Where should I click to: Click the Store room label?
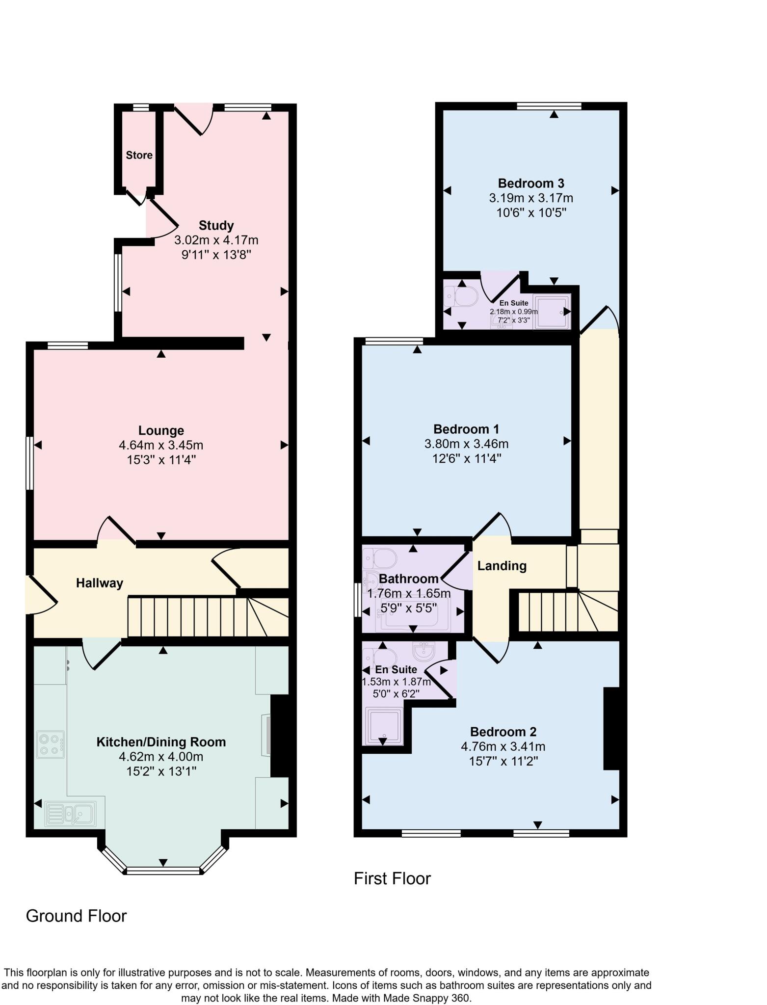coord(139,155)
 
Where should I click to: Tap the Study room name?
coord(216,225)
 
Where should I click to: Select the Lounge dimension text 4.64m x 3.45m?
coord(161,445)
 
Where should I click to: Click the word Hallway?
coord(99,583)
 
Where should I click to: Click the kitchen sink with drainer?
coord(71,815)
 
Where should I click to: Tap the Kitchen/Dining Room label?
coord(161,741)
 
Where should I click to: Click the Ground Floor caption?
coord(76,916)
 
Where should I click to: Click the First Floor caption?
coord(392,878)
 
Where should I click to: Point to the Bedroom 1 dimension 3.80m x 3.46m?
coord(466,444)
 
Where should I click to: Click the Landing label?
coord(502,566)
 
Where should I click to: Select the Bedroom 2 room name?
coord(503,732)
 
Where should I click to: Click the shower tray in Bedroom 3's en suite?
coord(553,311)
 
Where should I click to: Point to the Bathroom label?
coord(408,579)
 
